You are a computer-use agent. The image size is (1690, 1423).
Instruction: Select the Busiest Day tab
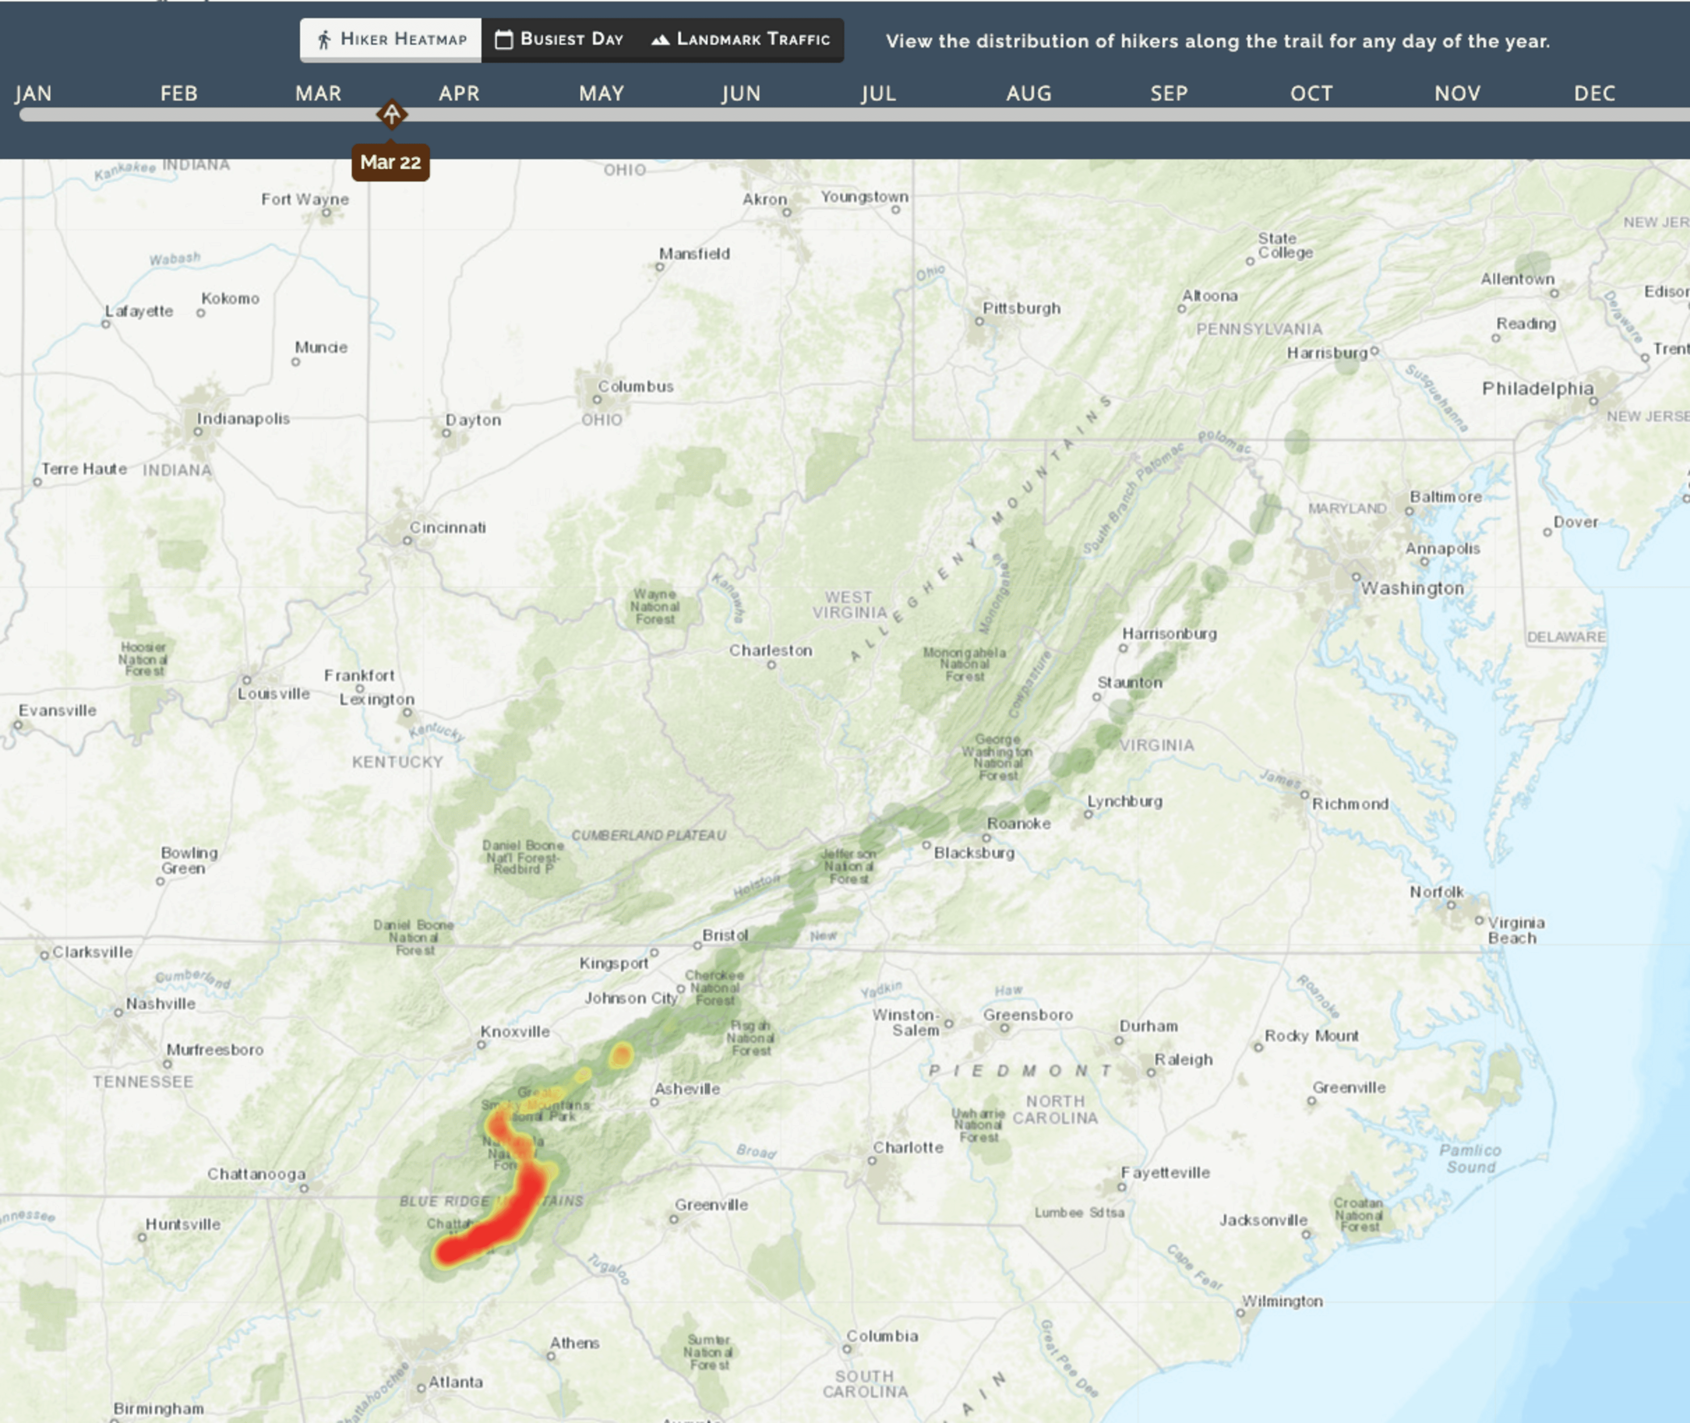coord(560,40)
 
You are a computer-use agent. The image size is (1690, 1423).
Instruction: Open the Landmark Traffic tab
coord(740,40)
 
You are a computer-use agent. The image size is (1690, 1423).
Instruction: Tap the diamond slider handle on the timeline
coord(392,115)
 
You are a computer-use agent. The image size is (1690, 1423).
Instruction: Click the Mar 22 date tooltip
coord(390,162)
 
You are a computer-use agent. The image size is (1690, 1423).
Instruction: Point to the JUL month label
coord(878,94)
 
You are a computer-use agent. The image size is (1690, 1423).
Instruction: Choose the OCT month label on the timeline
coord(1311,94)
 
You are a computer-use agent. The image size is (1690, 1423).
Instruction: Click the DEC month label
coord(1594,94)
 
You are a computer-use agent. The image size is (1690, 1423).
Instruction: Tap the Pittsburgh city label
coord(1021,308)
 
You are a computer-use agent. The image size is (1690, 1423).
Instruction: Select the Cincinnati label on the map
coord(448,528)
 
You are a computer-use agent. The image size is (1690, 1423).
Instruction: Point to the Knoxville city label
coord(515,1032)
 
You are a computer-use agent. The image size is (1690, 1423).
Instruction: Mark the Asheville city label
coord(687,1089)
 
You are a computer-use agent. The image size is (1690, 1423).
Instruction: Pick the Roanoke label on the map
coord(1018,824)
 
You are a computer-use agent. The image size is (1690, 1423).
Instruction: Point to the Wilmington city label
coord(1282,1301)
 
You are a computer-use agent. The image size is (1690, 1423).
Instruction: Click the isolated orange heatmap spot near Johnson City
coord(621,1054)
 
